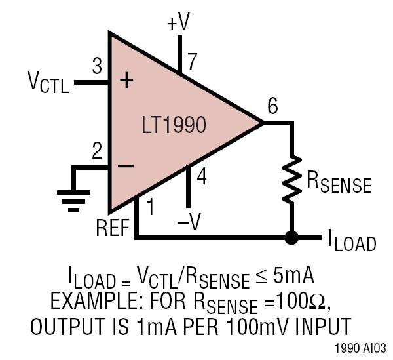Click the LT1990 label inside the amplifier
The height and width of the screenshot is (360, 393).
(174, 125)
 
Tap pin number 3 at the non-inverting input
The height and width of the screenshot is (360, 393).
(97, 66)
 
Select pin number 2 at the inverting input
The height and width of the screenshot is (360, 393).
(97, 151)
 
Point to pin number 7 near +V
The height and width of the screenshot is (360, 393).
(192, 62)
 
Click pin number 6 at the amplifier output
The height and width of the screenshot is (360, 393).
(272, 106)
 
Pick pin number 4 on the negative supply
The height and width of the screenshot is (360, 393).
(202, 176)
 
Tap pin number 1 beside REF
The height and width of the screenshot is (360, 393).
(150, 207)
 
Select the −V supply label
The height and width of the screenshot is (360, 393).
(189, 222)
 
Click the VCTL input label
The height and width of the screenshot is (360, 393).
(48, 82)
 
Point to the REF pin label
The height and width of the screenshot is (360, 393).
(113, 228)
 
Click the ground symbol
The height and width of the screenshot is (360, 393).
(73, 201)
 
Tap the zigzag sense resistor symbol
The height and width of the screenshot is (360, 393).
(291, 179)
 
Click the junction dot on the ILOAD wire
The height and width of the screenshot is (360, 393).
(291, 237)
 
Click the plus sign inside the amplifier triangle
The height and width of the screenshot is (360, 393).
(126, 80)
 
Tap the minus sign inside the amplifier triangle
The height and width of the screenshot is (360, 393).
(126, 166)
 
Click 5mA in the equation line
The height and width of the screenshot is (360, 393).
(293, 276)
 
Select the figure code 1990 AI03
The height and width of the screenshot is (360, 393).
(360, 348)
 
